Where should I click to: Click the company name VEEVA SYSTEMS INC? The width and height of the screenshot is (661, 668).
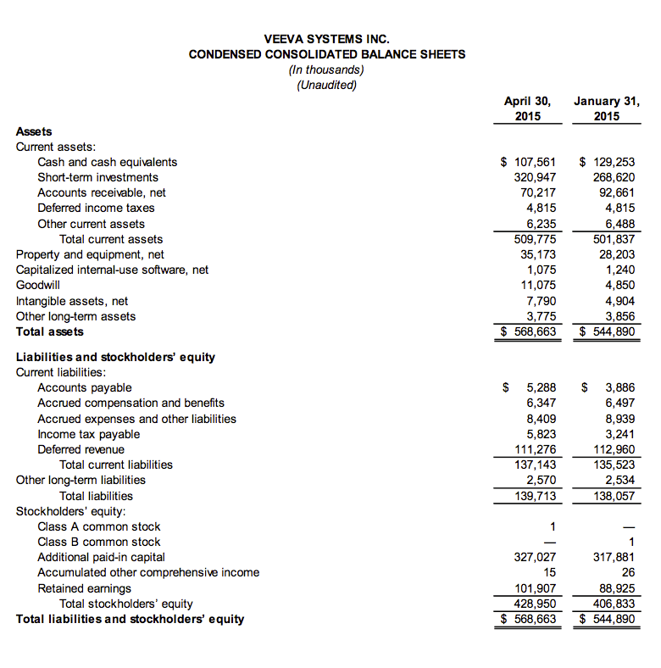point(327,38)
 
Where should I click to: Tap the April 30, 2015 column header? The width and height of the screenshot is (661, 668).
point(528,109)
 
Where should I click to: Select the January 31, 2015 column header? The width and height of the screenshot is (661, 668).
point(606,109)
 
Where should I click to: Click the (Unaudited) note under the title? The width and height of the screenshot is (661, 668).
point(327,85)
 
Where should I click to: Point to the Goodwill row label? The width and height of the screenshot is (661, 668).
point(38,285)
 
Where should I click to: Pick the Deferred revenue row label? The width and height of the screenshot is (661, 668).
point(81,449)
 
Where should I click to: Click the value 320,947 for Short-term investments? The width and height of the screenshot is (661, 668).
point(535,177)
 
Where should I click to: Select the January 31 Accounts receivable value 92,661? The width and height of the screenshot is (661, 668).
point(616,192)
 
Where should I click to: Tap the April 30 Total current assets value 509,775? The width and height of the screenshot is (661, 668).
point(535,239)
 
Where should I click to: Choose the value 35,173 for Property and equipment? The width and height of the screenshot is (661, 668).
point(538,254)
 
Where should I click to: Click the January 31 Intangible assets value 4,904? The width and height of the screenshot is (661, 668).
point(619,300)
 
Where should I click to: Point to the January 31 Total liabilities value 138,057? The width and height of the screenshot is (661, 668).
point(614,495)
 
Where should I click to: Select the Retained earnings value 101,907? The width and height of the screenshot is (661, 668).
point(535,588)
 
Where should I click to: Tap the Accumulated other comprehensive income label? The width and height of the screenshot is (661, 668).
point(148,572)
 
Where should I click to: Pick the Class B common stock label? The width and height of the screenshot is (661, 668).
point(98,542)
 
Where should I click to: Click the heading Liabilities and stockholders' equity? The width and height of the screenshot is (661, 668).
point(116,356)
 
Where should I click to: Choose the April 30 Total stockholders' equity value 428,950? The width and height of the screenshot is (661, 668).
point(535,604)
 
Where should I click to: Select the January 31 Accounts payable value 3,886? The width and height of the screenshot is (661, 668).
point(619,387)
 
